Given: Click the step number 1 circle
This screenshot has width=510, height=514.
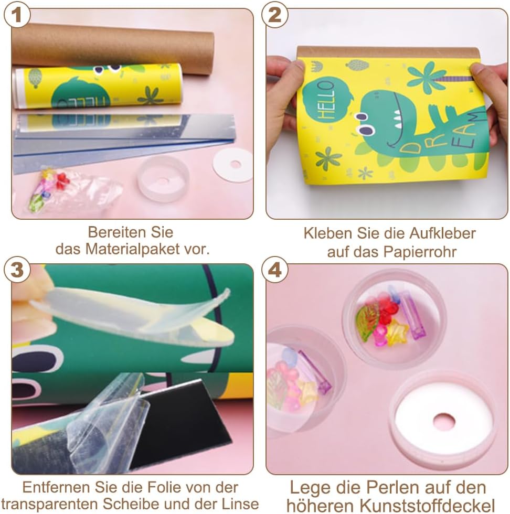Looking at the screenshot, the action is point(17,15).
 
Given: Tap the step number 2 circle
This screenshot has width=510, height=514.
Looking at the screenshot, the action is point(275,15).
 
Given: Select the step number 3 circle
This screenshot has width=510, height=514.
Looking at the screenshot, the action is point(17,270).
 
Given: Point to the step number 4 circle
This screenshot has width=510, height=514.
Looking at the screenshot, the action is point(275,270).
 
